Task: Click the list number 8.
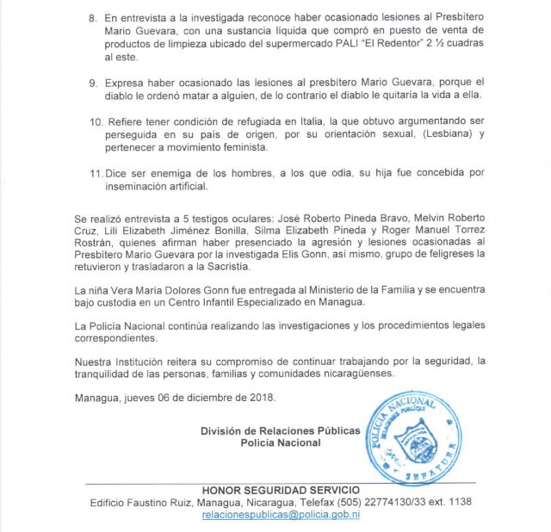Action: pyautogui.click(x=94, y=17)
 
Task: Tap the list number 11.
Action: pyautogui.click(x=96, y=173)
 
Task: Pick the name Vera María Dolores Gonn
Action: pyautogui.click(x=176, y=290)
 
